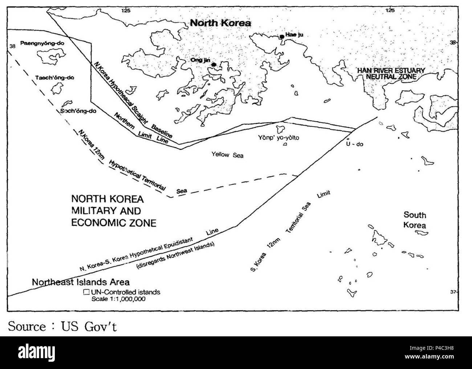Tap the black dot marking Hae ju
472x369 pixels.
[x=282, y=37]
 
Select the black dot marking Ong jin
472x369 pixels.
[x=214, y=65]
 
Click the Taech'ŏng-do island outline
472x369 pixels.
[x=55, y=88]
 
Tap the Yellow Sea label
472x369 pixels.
[x=227, y=155]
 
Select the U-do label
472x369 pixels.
[x=354, y=144]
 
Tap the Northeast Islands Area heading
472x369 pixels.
[x=81, y=282]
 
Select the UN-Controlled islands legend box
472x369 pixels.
[x=86, y=292]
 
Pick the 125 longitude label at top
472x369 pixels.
[x=126, y=11]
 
